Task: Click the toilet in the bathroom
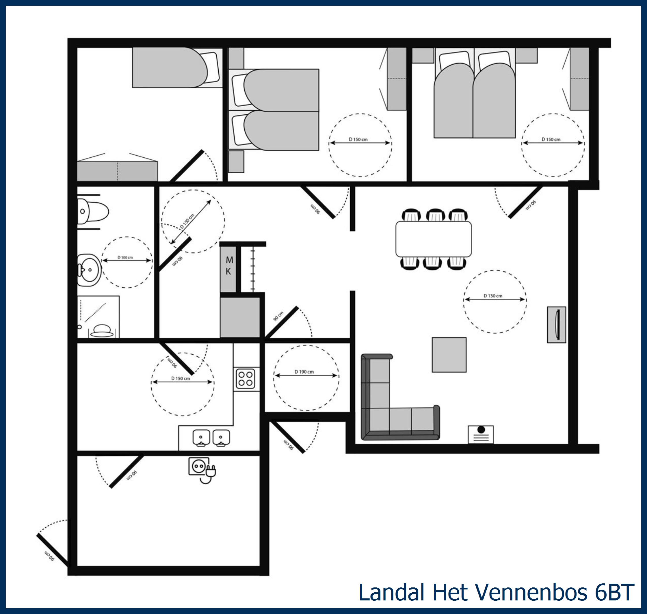click(x=93, y=211)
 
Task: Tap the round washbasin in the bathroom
click(x=89, y=270)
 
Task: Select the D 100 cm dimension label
click(x=125, y=258)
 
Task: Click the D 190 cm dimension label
click(x=304, y=372)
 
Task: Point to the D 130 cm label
click(x=493, y=296)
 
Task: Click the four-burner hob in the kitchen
click(x=246, y=379)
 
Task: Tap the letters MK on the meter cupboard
click(x=229, y=265)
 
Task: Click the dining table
click(x=433, y=239)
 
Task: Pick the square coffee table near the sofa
click(x=449, y=355)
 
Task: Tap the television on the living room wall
click(x=557, y=325)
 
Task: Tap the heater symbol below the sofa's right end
click(x=481, y=434)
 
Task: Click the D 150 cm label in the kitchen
click(x=181, y=379)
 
